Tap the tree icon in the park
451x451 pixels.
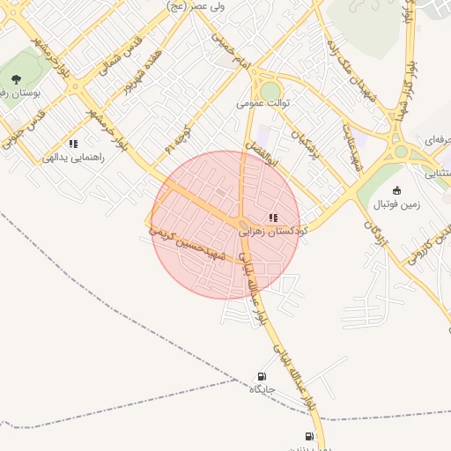tap(16, 80)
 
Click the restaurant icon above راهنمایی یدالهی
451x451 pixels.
tap(73, 144)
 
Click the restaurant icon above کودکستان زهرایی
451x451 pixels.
tap(273, 217)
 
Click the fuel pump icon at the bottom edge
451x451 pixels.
tap(309, 436)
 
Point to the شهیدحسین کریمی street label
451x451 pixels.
tap(189, 245)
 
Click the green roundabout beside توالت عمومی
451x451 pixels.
tap(270, 89)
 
